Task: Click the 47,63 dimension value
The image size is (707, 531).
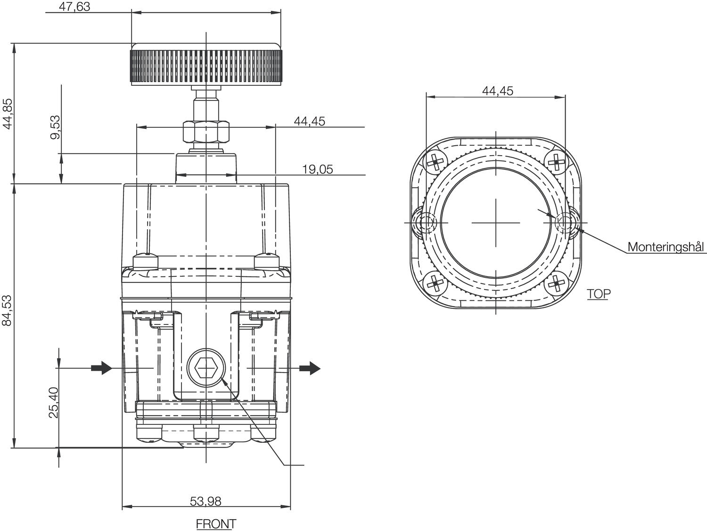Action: point(75,7)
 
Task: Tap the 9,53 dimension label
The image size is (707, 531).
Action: point(55,127)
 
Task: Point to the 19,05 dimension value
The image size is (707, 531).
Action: point(317,169)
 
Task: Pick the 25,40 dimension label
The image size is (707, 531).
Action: point(53,402)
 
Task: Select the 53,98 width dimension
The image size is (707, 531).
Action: point(206,501)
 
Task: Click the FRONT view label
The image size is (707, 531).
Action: point(215,523)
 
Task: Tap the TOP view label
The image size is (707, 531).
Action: point(598,294)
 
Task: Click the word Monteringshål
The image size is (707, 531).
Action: point(665,247)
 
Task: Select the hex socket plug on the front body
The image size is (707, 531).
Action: point(206,368)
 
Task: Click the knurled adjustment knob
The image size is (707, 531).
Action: point(206,65)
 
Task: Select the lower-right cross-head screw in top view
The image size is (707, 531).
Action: point(557,283)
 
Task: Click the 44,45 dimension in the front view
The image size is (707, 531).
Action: point(309,121)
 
